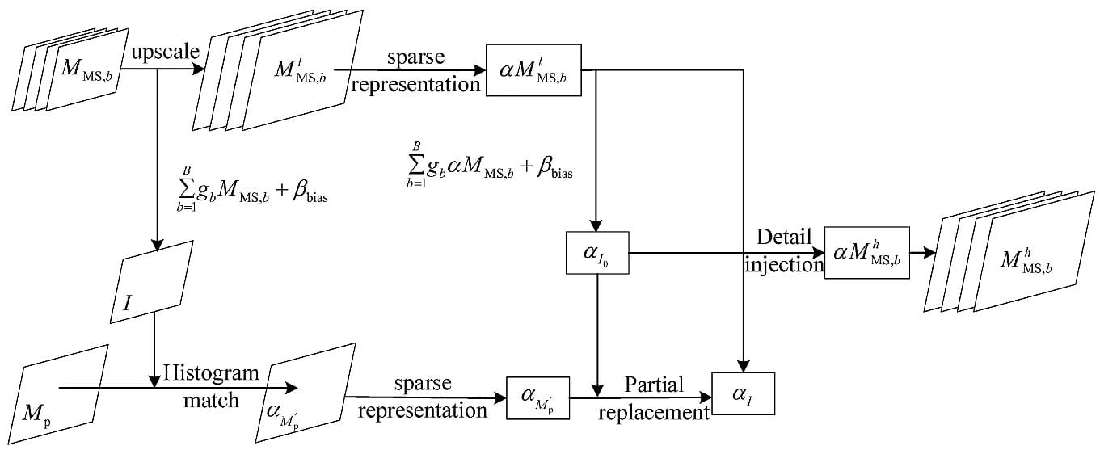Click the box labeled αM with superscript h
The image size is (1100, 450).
[867, 253]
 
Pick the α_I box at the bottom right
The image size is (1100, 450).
[743, 393]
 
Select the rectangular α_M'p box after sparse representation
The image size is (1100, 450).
[538, 397]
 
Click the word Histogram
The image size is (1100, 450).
[212, 373]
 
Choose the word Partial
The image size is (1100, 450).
[653, 385]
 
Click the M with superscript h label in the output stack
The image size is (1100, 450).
[1026, 259]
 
